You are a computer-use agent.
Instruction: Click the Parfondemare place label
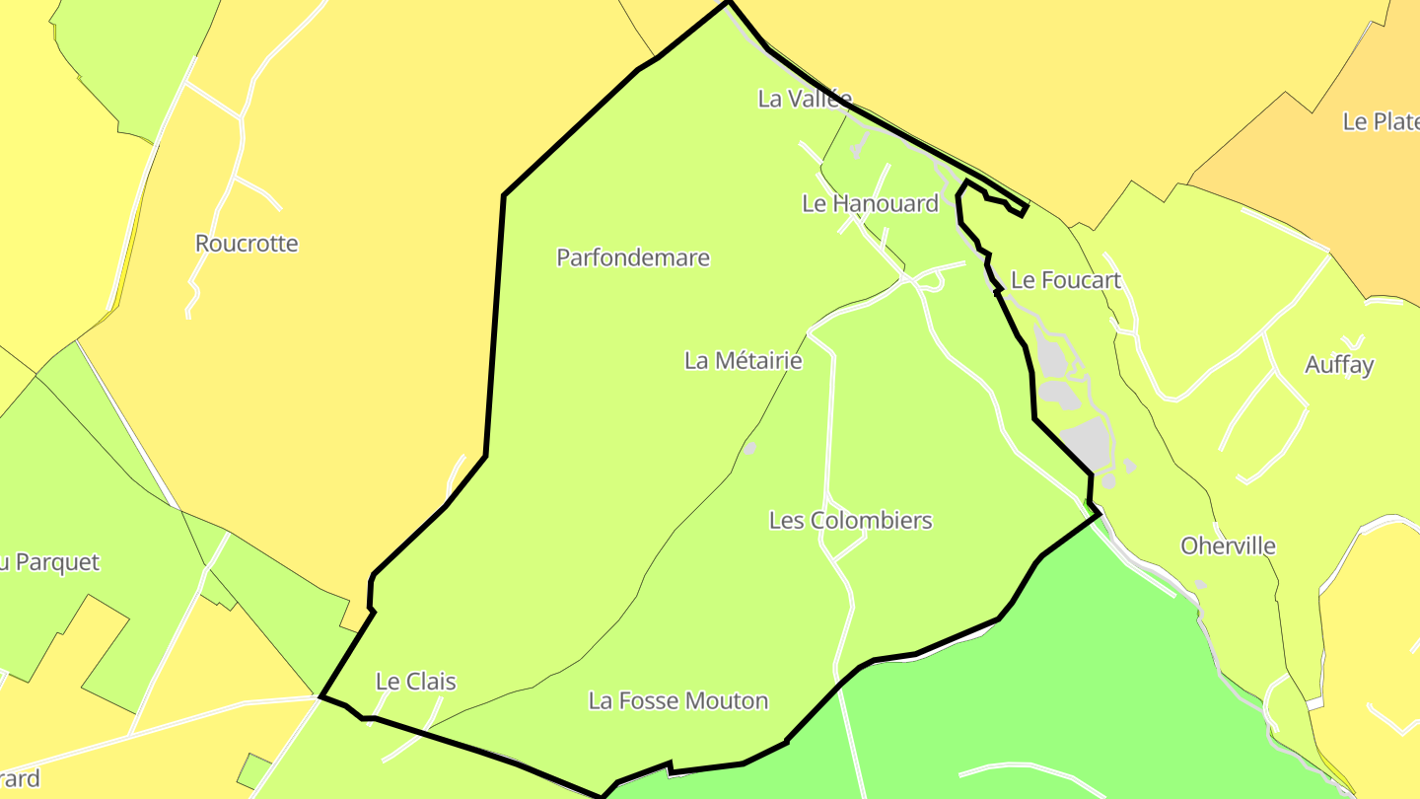pos(633,258)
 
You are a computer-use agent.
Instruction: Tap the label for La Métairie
pos(743,361)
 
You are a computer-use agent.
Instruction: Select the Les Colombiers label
pos(850,521)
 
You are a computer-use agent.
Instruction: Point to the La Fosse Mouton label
pos(677,701)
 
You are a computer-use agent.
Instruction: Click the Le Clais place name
pos(415,682)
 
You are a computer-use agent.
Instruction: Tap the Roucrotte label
pos(247,244)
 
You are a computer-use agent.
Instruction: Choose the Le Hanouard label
pos(870,204)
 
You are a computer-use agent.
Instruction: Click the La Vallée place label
pos(804,99)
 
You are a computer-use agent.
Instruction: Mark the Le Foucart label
pos(1066,281)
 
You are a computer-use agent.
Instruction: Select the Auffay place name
pos(1339,365)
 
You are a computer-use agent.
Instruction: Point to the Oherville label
pos(1228,546)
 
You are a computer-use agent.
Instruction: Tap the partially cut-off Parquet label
pos(49,563)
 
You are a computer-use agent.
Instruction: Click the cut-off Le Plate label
pos(1381,122)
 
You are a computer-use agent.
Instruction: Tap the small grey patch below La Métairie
pos(748,449)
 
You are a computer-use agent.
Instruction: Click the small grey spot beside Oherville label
pos(1200,585)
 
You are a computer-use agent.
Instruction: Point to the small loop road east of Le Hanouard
pos(931,281)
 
